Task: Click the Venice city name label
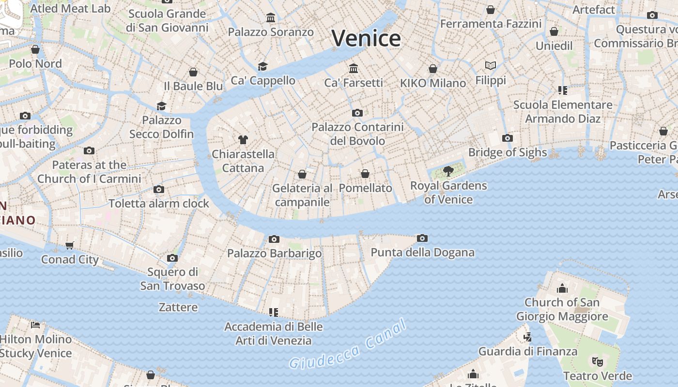(x=367, y=38)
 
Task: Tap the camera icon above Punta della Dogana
(x=422, y=238)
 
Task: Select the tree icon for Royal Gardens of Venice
(x=448, y=170)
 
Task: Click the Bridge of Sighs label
(x=508, y=152)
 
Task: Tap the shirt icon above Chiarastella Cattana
(x=243, y=140)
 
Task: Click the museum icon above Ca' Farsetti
(x=354, y=68)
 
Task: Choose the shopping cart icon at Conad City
(x=70, y=245)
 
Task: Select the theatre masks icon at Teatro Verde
(x=598, y=361)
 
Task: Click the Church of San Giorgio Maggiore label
(x=562, y=309)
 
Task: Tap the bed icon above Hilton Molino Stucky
(x=35, y=325)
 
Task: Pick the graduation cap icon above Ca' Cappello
(x=262, y=66)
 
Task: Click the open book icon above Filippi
(x=491, y=65)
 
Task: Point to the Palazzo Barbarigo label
(x=275, y=253)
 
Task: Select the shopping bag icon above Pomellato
(x=365, y=174)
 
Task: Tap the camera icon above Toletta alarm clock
(x=159, y=189)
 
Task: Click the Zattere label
(x=178, y=307)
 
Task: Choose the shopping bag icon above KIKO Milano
(x=433, y=69)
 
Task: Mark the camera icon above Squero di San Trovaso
(x=172, y=258)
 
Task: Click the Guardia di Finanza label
(x=528, y=351)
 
